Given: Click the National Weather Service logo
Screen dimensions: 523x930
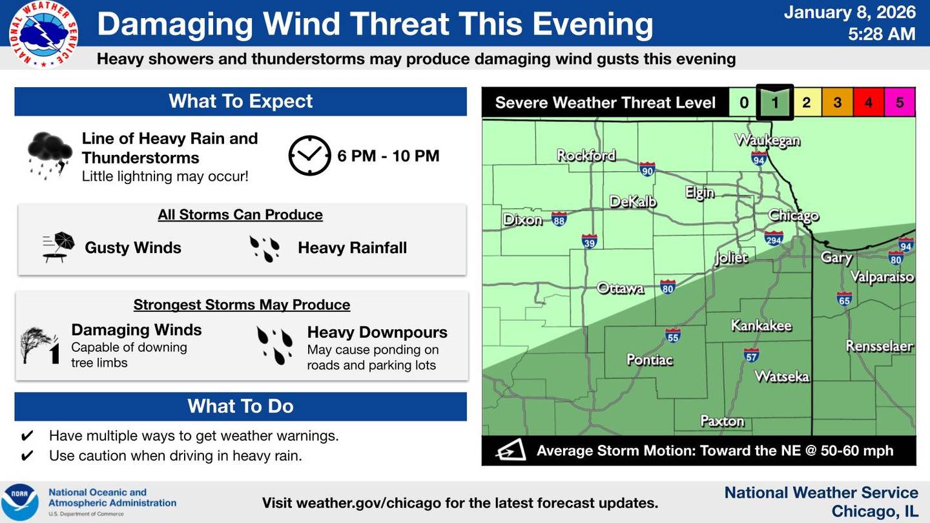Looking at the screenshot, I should coord(44,34).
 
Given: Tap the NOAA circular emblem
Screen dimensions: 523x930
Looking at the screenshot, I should coord(19,502).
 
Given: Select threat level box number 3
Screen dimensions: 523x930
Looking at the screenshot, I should coord(837,102).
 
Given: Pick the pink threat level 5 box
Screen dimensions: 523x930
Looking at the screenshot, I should coord(900,102).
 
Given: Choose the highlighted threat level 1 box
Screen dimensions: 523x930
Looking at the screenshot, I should coord(775,102).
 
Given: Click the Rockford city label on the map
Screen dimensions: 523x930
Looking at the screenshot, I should coord(586,155).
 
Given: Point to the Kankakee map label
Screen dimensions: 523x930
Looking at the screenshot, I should coord(761,325).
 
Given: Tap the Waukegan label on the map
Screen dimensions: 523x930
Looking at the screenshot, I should coord(767,140).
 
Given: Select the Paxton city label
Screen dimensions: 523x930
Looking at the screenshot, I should coord(722,421).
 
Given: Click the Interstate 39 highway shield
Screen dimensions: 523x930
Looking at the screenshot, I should coord(589,241).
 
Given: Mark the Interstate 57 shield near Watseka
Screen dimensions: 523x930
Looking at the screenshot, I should coord(750,354).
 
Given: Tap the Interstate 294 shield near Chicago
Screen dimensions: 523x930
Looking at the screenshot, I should coord(774,238).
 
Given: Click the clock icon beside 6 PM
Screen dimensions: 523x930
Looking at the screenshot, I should coord(309,156).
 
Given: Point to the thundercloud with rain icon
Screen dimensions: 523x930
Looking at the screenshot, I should coord(49,154).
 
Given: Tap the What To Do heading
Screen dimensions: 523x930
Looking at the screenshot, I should coord(240,406).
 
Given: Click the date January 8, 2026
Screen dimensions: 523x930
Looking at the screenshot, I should coord(849,12).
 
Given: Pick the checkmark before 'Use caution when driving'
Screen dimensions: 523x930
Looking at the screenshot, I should coord(27,456).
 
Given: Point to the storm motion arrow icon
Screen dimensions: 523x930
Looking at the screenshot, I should coord(510,450).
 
